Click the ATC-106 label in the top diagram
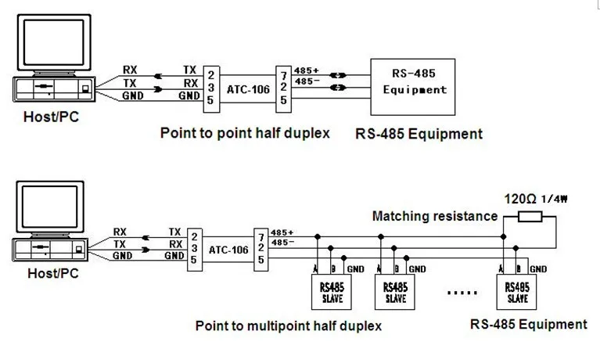[x=248, y=89]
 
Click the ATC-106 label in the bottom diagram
[x=228, y=250]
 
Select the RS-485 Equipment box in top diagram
[x=415, y=83]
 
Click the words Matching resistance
[x=435, y=216]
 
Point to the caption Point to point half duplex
[x=245, y=133]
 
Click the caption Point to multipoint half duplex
[x=289, y=325]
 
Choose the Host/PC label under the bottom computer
[x=52, y=274]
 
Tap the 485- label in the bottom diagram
[x=282, y=243]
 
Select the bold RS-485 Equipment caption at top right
[x=419, y=134]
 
